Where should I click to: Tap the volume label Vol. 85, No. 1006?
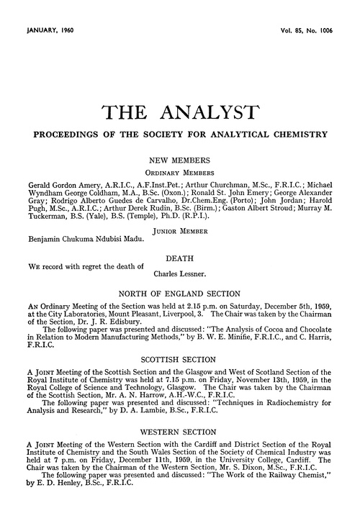305,31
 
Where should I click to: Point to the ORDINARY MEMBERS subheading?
179,173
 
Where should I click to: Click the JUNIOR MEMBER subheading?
179,230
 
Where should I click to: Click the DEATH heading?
179,257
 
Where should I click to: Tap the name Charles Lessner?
185,274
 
